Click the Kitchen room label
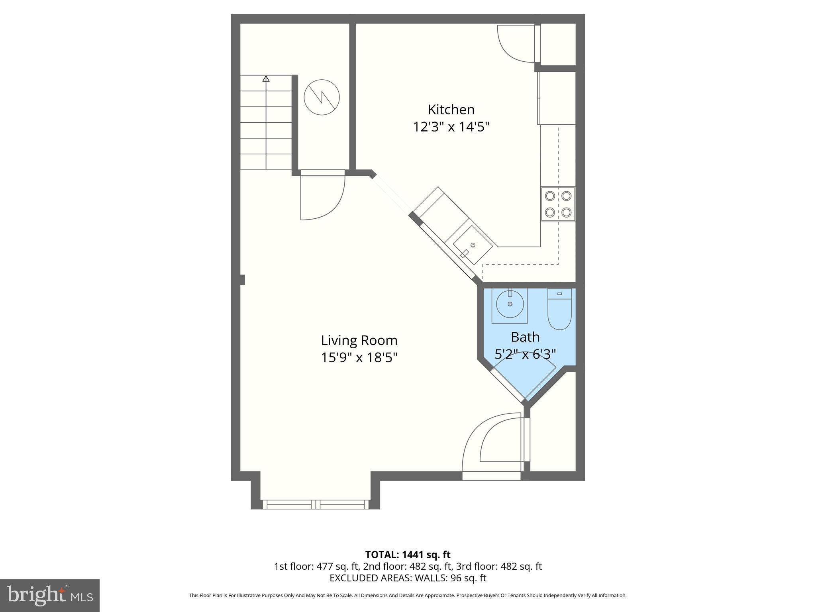tap(451, 110)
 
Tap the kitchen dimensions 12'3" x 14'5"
tap(451, 127)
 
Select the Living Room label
tap(359, 340)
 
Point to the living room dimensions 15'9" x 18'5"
tap(359, 357)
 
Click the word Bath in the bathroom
tap(525, 337)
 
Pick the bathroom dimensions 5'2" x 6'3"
tap(525, 354)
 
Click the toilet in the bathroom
tap(559, 310)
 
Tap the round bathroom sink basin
tap(510, 304)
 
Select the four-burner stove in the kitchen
tap(558, 204)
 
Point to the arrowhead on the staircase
tap(266, 78)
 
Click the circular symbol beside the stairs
tap(322, 97)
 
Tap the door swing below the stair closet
tap(322, 197)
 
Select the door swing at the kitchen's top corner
tap(516, 43)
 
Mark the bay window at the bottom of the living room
tap(316, 504)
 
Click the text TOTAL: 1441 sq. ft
tap(408, 555)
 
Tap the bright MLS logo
tap(49, 595)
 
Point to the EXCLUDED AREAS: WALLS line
tap(408, 578)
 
